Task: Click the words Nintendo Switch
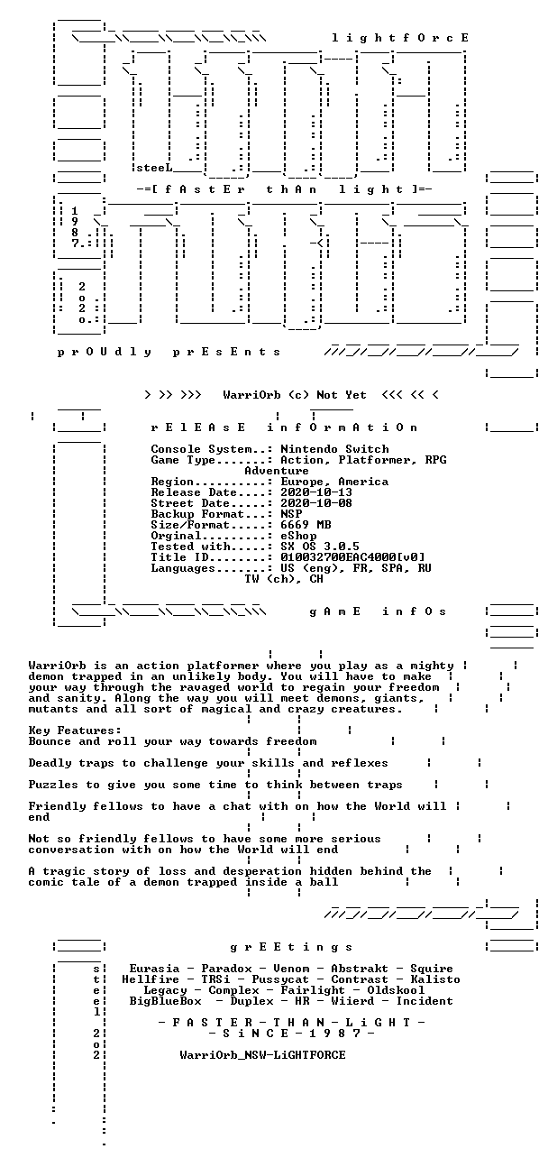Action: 334,449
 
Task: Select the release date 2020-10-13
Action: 316,492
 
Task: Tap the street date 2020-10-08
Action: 316,503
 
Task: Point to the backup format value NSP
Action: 291,514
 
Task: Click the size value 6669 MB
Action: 306,525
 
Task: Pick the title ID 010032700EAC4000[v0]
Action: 352,557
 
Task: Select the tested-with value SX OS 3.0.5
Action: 320,547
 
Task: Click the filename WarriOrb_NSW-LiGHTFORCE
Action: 262,1055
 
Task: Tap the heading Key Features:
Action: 75,731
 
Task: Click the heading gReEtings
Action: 291,947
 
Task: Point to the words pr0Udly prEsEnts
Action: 169,352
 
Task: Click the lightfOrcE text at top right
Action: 400,38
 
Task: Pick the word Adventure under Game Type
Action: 277,471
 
